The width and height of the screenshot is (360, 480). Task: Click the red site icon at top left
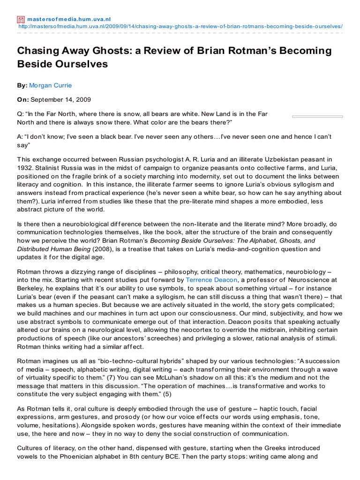coord(21,19)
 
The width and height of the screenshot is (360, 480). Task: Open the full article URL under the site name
coord(180,26)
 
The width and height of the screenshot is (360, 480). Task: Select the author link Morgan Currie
coord(50,85)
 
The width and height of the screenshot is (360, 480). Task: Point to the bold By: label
coord(22,85)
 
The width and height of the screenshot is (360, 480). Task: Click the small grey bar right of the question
coord(317,116)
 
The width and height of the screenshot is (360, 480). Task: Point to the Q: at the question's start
coord(21,114)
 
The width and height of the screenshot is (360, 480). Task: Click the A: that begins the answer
coord(21,136)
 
